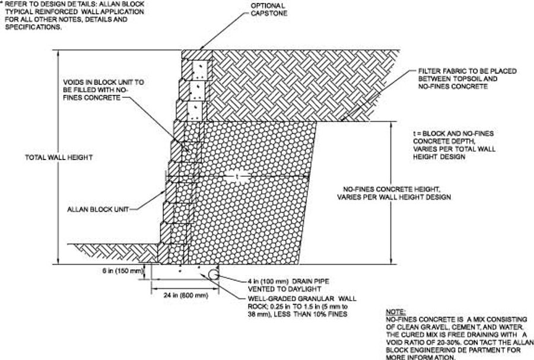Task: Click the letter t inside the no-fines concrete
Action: point(237,176)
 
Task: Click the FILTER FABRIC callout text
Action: point(467,79)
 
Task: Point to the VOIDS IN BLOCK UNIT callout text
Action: point(96,90)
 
